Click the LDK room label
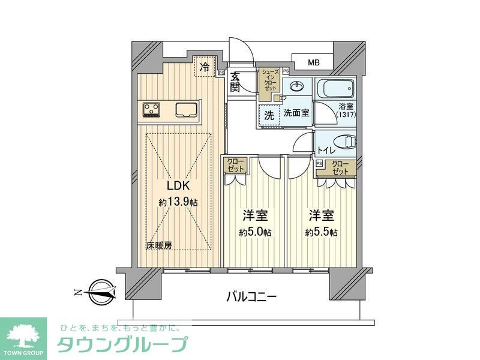click(178, 186)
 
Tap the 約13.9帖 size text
click(178, 203)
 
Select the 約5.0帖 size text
click(255, 232)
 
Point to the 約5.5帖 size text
click(321, 232)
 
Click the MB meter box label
click(314, 62)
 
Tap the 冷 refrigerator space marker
click(205, 67)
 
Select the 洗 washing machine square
click(269, 113)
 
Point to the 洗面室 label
click(296, 112)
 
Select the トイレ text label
click(326, 151)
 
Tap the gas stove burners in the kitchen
click(152, 109)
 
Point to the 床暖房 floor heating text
click(159, 245)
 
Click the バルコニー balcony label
click(251, 296)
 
